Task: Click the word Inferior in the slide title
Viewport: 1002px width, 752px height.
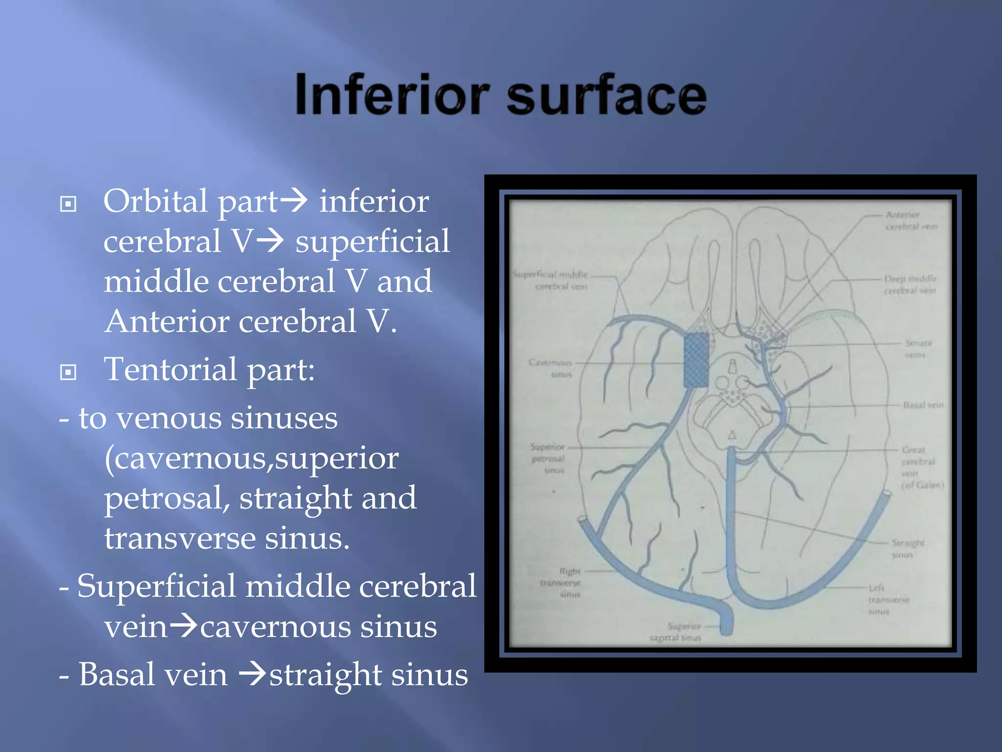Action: (391, 94)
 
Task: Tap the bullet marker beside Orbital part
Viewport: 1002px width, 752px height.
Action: (68, 204)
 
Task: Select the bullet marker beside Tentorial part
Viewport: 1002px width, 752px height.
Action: (68, 372)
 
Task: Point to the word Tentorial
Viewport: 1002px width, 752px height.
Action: (171, 369)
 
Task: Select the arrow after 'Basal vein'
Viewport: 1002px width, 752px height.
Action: (252, 675)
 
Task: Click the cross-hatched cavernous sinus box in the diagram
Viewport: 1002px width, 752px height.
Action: (696, 360)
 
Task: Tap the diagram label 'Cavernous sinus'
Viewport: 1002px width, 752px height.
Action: (551, 368)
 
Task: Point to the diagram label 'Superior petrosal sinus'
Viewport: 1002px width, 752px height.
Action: (548, 459)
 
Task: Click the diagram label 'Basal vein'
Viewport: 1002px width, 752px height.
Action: (923, 405)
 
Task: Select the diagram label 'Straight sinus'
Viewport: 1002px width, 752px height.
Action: (908, 548)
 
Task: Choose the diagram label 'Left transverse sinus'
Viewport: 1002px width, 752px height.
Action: (888, 600)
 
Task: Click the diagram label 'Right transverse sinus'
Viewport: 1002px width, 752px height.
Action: (562, 583)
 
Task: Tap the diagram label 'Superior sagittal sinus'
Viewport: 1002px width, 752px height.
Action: (676, 632)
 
